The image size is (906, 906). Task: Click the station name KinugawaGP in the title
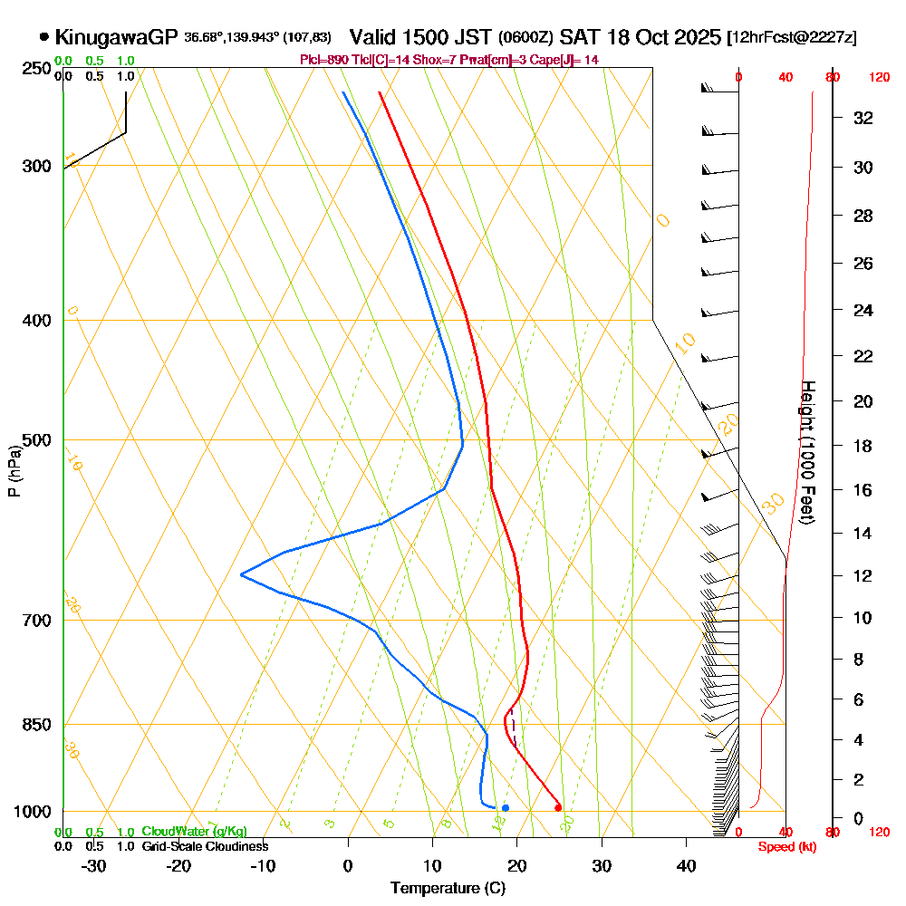(x=116, y=37)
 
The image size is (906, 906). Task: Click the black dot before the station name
(x=43, y=37)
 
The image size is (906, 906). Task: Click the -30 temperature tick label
(x=94, y=865)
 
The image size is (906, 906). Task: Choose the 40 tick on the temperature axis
(x=686, y=865)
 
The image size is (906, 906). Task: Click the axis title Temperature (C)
(x=448, y=889)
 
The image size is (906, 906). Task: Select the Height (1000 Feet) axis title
(x=807, y=451)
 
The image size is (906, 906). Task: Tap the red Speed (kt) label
(x=782, y=846)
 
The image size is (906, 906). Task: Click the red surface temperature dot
(x=558, y=807)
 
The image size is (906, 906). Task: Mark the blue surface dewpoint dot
(x=505, y=807)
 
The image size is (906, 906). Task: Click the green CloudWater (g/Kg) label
(x=194, y=831)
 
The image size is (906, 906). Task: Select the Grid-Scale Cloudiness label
(x=205, y=846)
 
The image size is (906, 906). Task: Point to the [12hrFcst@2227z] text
(x=792, y=38)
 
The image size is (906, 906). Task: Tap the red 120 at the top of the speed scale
(x=878, y=78)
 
